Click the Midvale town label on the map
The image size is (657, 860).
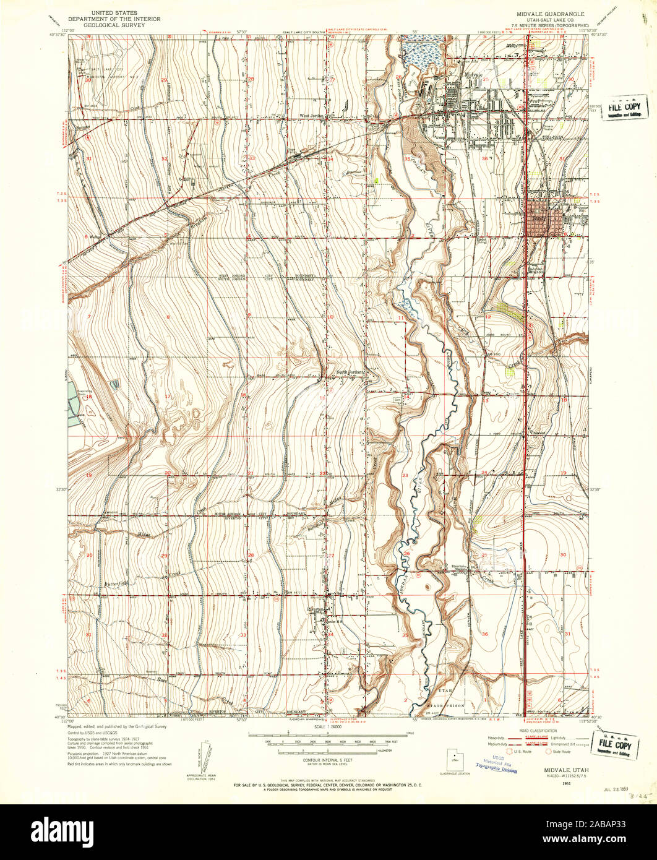pos(473,74)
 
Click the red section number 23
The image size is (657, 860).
pos(405,475)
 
